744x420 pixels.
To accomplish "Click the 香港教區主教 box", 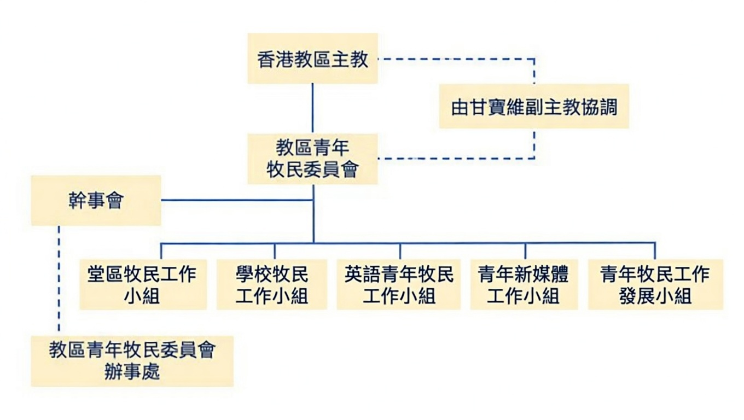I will [312, 59].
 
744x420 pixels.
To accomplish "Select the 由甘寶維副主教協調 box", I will [534, 107].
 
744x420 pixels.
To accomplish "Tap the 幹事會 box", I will [96, 200].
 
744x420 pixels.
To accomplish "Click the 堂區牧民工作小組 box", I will [143, 284].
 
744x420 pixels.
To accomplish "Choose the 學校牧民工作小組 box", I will [272, 284].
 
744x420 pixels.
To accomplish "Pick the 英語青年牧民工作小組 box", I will [398, 284].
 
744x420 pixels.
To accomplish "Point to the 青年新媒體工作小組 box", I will [524, 284].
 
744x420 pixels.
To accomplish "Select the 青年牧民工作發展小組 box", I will [655, 284].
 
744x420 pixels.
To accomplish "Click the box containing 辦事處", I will [132, 361].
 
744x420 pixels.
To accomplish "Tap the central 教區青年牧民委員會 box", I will [312, 159].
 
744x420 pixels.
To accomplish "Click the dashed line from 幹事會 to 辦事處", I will [59, 279].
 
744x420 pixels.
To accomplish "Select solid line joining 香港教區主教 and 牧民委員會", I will [312, 108].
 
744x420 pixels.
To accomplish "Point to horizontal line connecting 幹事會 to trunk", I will [235, 200].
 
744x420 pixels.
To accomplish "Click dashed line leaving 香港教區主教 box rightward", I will [454, 59].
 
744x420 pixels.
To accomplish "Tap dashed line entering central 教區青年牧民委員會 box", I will [454, 159].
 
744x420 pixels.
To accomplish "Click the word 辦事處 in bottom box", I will [132, 372].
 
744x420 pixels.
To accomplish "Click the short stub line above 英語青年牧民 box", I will [400, 251].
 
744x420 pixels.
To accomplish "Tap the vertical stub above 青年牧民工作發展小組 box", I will [655, 251].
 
